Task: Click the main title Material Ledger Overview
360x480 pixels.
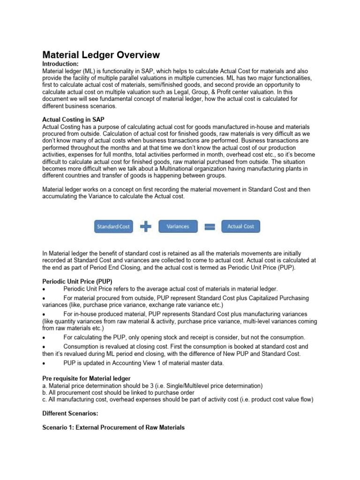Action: point(101,55)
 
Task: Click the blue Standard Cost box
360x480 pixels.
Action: point(113,226)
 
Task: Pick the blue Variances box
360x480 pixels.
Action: point(178,226)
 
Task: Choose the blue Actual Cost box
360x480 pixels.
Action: point(240,226)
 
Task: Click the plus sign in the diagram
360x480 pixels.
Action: point(146,226)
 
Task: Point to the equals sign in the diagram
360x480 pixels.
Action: point(210,226)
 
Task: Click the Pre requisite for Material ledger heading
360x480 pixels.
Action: point(86,378)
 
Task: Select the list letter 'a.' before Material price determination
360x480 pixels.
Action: point(45,385)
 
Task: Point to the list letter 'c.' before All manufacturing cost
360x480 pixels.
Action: point(45,399)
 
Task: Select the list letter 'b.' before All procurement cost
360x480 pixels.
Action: point(45,392)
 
